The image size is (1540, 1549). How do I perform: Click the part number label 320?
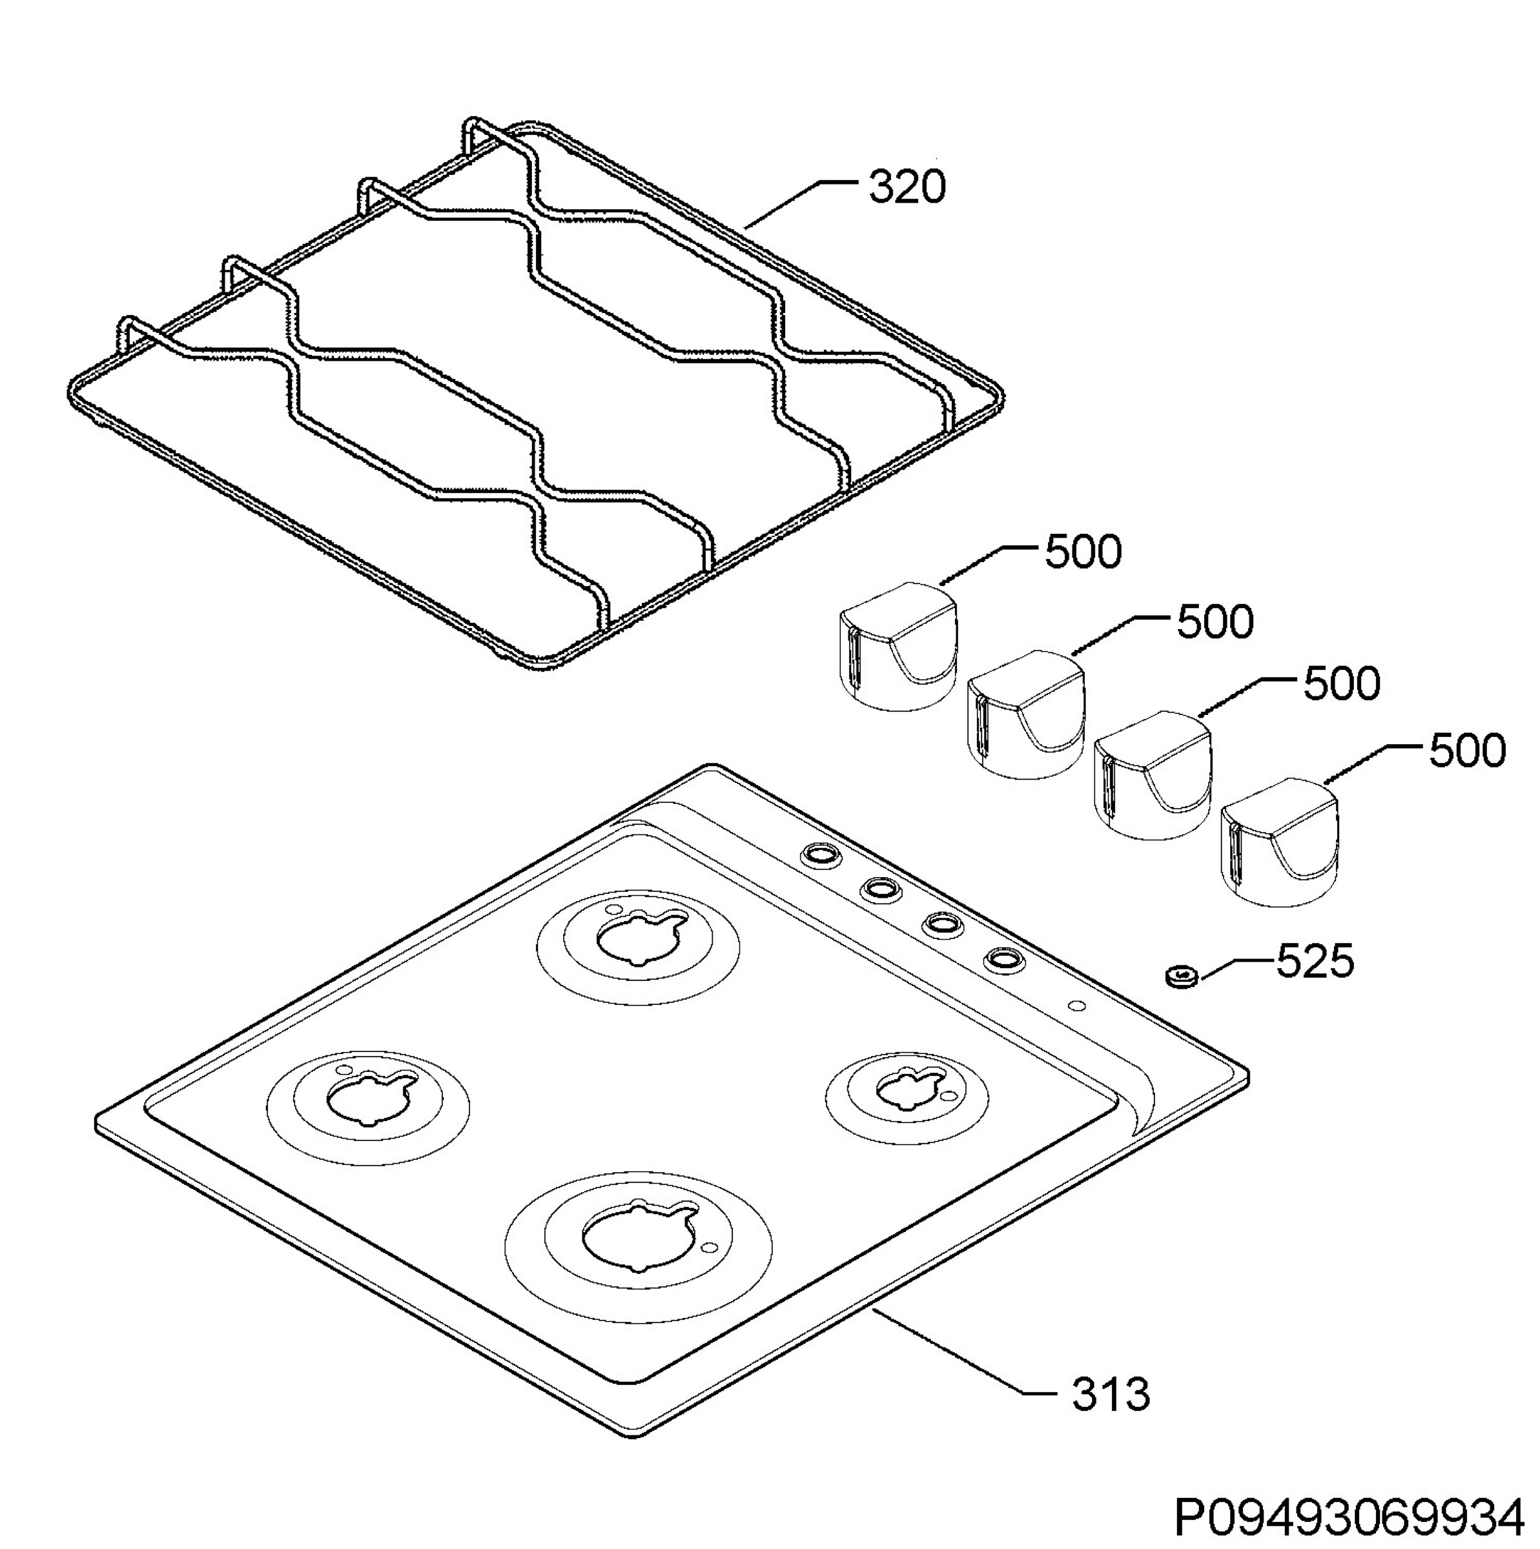(907, 187)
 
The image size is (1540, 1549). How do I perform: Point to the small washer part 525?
(1180, 977)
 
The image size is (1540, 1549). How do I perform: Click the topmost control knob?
(898, 646)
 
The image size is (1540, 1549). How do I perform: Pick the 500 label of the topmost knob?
(1083, 552)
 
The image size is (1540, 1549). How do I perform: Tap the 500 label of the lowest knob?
(1467, 751)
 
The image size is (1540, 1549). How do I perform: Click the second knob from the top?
(1026, 714)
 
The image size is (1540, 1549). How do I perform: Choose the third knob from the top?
(1153, 775)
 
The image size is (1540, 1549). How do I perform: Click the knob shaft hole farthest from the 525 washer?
(821, 855)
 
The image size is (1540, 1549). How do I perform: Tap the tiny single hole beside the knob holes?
(1077, 1006)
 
